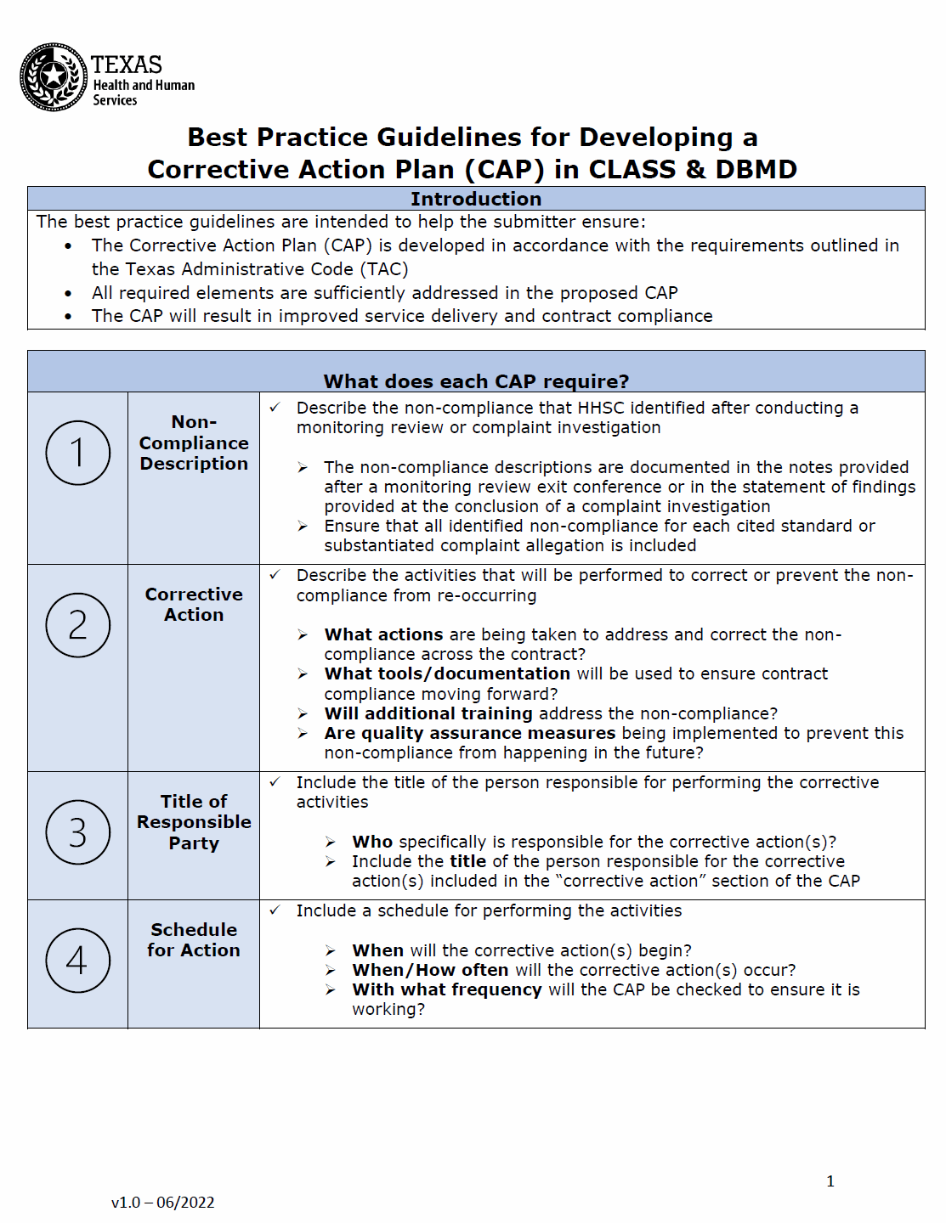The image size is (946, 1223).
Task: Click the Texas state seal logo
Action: tap(54, 77)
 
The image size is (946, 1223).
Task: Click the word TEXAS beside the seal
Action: tap(127, 65)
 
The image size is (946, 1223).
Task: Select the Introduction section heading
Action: tap(475, 199)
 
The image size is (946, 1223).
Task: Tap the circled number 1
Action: tap(77, 453)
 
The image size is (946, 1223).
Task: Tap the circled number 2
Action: tap(77, 625)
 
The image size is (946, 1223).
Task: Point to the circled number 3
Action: tap(77, 832)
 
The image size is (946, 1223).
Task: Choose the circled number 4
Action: tap(77, 961)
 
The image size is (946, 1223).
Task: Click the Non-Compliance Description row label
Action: tap(194, 442)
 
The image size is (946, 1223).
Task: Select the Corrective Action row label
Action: tap(194, 604)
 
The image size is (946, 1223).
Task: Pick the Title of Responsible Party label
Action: tap(194, 821)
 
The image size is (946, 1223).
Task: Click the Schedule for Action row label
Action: tap(194, 939)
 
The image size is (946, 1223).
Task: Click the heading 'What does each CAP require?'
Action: tap(476, 381)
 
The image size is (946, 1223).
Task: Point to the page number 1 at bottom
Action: tap(830, 1181)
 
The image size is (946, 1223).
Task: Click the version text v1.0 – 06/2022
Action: tap(162, 1202)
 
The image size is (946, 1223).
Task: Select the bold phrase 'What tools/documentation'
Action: tap(447, 673)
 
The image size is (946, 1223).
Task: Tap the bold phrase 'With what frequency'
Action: tap(447, 989)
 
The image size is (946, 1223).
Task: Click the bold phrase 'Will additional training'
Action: tap(428, 713)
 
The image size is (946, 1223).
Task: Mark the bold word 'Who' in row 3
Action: tap(372, 842)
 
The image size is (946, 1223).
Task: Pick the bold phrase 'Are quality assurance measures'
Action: tap(469, 733)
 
